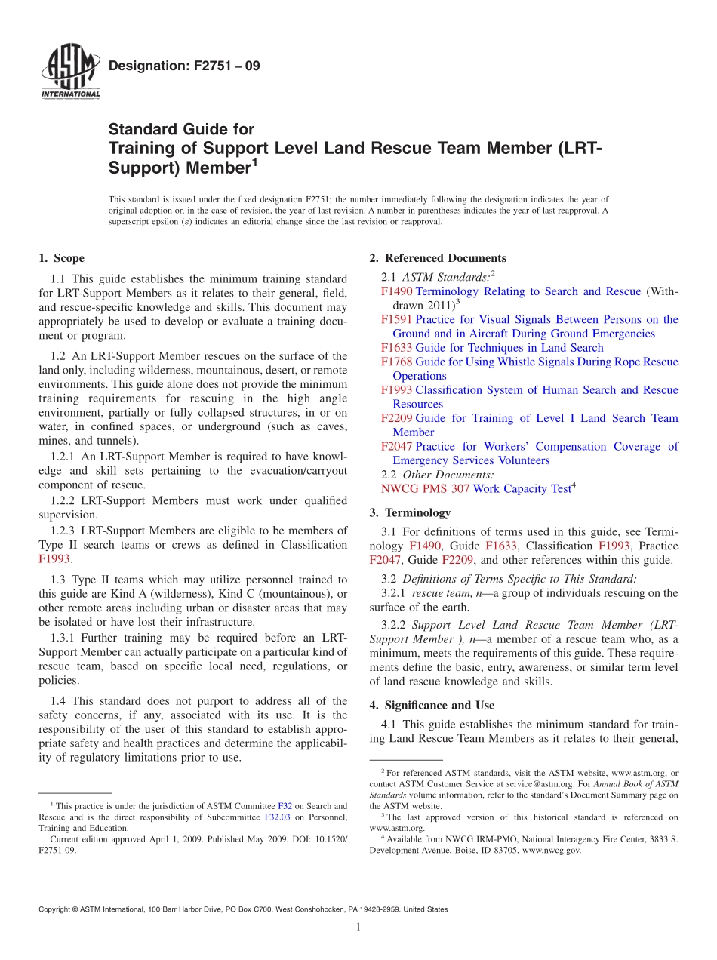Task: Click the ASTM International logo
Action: [69, 71]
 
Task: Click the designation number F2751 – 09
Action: [184, 66]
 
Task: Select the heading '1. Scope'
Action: [61, 258]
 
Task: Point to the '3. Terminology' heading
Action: [410, 512]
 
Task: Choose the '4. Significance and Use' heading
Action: [432, 705]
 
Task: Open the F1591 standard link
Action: [396, 319]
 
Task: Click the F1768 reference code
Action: [396, 362]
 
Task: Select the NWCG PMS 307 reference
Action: [425, 488]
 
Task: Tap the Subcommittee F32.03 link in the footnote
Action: [275, 817]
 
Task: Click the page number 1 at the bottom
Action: [358, 927]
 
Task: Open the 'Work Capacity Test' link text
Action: [522, 488]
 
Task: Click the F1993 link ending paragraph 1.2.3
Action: [54, 558]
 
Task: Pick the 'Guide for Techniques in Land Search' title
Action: [509, 347]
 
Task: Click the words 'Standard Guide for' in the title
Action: [181, 129]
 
